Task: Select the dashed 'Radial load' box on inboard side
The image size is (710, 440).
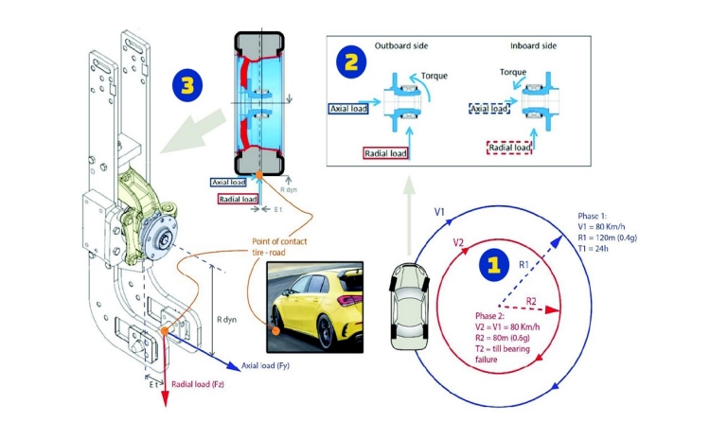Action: [508, 147]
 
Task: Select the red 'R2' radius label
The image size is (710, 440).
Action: [532, 301]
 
